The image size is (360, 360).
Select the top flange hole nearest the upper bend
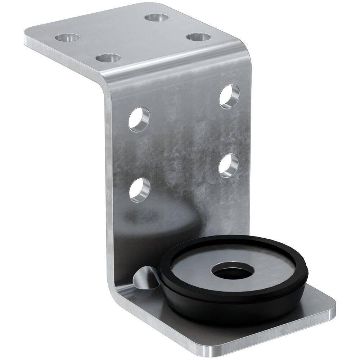click(198, 37)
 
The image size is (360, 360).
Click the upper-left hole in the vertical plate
click(139, 118)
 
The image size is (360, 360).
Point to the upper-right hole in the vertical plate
click(229, 96)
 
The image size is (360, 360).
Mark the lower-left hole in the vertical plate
click(139, 189)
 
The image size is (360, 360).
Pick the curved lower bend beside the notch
click(119, 299)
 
